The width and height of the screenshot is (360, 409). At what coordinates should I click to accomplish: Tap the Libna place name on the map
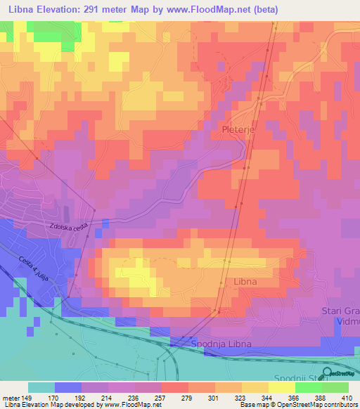click(246, 281)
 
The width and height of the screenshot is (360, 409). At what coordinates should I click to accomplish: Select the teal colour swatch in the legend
click(41, 387)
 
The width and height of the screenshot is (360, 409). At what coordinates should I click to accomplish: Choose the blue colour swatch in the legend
click(67, 387)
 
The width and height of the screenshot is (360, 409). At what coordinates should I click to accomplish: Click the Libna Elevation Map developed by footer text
click(51, 405)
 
